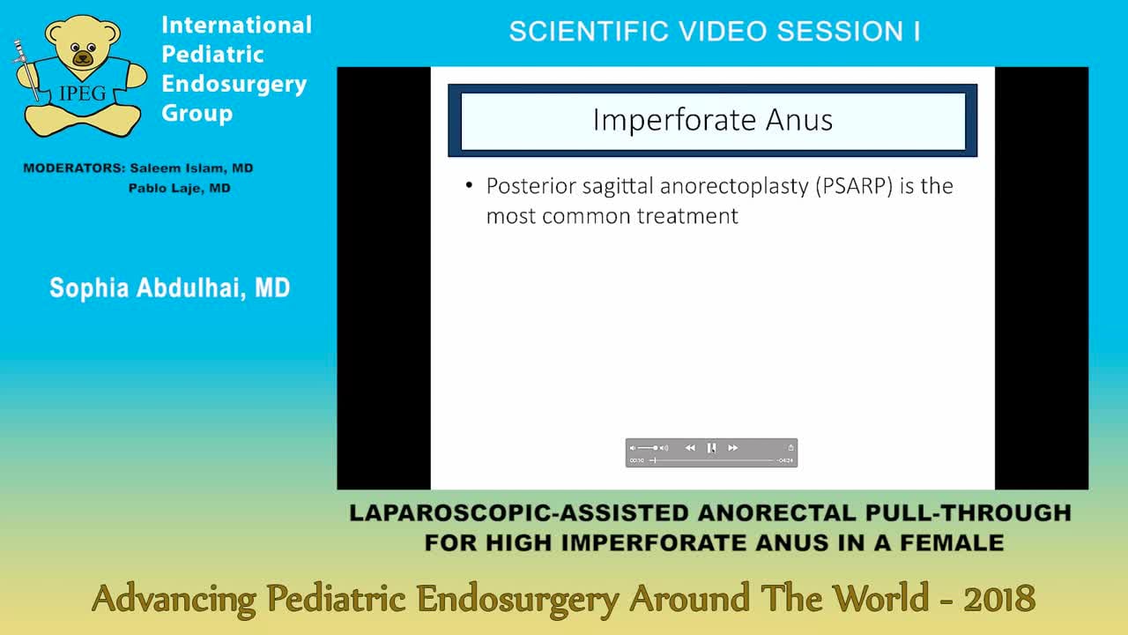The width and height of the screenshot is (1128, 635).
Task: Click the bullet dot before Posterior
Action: click(x=469, y=186)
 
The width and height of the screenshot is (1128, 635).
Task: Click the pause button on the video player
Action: click(x=711, y=448)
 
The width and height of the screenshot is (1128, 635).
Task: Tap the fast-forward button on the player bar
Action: click(x=732, y=448)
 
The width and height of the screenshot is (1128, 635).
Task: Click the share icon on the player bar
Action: click(x=790, y=448)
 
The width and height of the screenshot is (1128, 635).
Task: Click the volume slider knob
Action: click(x=655, y=448)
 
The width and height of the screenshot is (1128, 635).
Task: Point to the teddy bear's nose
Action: click(x=82, y=59)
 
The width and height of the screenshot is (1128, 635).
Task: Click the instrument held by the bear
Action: click(x=27, y=71)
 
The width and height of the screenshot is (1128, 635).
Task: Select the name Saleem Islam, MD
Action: click(x=192, y=168)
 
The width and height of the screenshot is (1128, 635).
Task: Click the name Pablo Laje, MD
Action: click(x=179, y=188)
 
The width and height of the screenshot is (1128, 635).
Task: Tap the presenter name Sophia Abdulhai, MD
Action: click(x=169, y=288)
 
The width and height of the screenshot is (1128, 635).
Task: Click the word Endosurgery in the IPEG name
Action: click(x=234, y=84)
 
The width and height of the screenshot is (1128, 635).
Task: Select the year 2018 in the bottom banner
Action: click(x=999, y=600)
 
